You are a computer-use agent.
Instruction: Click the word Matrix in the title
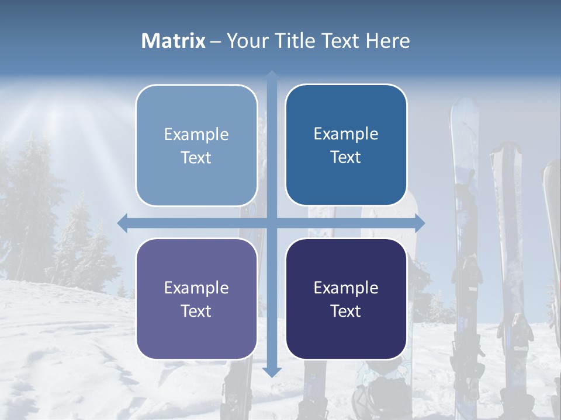pyautogui.click(x=174, y=41)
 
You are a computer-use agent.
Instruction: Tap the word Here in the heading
pyautogui.click(x=387, y=41)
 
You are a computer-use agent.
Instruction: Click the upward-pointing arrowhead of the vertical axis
pyautogui.click(x=272, y=75)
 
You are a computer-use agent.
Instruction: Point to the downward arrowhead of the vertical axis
pyautogui.click(x=272, y=372)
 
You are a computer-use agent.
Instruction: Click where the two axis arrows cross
pyautogui.click(x=272, y=223)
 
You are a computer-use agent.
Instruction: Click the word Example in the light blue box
pyautogui.click(x=196, y=135)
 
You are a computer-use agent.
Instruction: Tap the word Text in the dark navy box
pyautogui.click(x=346, y=311)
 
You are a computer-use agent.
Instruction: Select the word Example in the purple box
pyautogui.click(x=196, y=288)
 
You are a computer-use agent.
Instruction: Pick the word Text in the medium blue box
pyautogui.click(x=346, y=157)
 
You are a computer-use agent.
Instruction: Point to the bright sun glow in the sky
pyautogui.click(x=58, y=111)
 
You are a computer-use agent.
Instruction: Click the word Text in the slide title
pyautogui.click(x=342, y=41)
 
